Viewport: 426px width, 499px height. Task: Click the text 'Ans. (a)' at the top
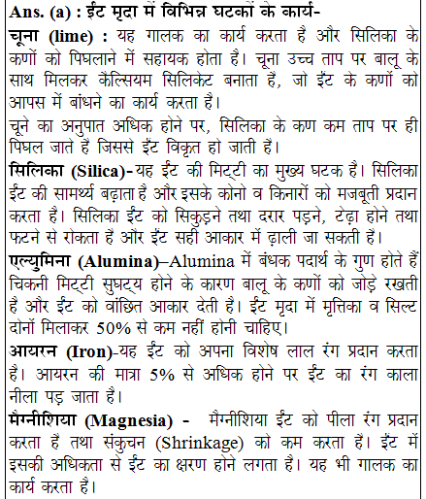pyautogui.click(x=36, y=13)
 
